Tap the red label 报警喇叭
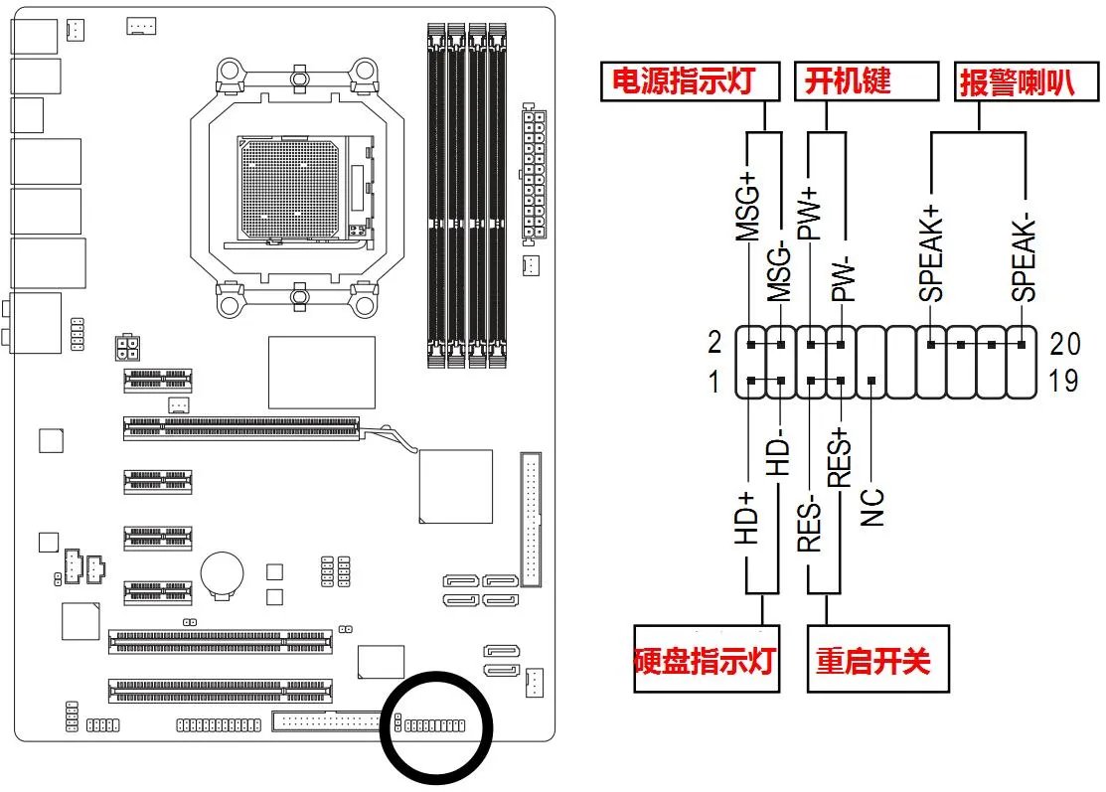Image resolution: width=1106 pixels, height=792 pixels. [1017, 80]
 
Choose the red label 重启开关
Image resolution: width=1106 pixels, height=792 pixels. [874, 660]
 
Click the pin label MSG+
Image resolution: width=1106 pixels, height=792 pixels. [746, 209]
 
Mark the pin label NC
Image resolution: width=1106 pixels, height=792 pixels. [872, 505]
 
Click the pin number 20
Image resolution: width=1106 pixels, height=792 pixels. [1063, 344]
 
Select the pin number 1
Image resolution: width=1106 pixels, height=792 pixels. [714, 382]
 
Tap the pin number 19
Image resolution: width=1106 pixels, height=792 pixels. [1063, 382]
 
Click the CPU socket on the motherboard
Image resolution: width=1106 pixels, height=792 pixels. [298, 190]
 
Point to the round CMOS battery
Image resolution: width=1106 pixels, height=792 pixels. [225, 574]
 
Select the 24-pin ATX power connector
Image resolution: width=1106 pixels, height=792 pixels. [534, 174]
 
